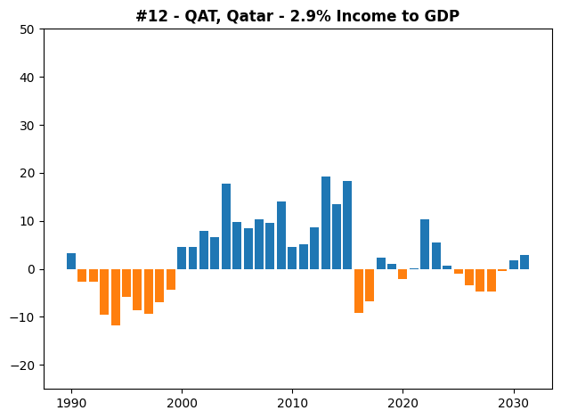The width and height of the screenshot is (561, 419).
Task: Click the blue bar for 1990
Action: click(x=71, y=261)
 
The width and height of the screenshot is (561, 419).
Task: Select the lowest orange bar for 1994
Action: click(x=116, y=297)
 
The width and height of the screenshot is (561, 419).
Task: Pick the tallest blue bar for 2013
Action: click(x=326, y=223)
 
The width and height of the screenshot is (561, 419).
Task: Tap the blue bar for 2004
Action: click(x=226, y=226)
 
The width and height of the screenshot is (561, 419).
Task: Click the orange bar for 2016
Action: click(x=359, y=292)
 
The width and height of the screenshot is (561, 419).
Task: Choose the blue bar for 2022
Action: click(x=425, y=244)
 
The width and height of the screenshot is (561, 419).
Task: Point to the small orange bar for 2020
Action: click(x=402, y=274)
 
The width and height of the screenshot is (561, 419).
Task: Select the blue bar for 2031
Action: click(x=524, y=262)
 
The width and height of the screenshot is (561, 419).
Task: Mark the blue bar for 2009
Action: click(x=281, y=235)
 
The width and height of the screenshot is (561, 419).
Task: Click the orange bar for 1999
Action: click(x=171, y=279)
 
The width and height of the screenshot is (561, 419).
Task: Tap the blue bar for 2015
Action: click(x=347, y=226)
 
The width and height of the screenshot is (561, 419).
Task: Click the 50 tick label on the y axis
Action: click(x=27, y=29)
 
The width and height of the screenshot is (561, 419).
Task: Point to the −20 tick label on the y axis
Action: click(x=22, y=366)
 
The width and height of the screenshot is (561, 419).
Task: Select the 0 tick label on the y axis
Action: click(x=31, y=269)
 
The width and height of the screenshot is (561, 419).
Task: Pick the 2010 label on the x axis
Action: click(x=292, y=404)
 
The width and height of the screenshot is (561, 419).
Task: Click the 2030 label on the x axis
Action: click(x=514, y=404)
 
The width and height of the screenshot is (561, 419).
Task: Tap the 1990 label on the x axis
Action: click(x=71, y=404)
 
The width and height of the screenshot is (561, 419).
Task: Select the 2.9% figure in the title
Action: click(x=310, y=16)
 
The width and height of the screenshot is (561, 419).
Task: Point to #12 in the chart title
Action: click(x=151, y=16)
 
